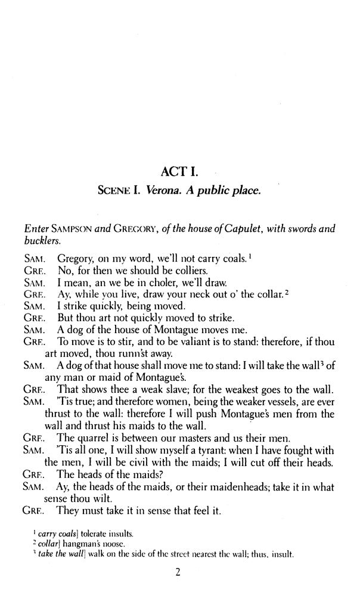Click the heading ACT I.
point(179,173)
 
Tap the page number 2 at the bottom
point(178,573)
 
